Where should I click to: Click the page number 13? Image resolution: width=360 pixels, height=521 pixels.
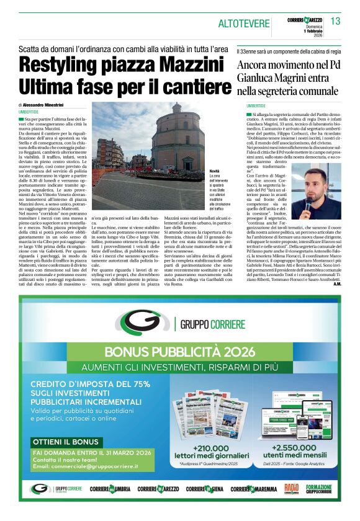(x=336, y=22)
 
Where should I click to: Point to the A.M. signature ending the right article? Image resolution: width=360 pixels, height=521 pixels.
(x=336, y=284)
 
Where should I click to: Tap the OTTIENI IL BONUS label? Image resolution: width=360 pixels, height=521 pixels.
(x=63, y=442)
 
